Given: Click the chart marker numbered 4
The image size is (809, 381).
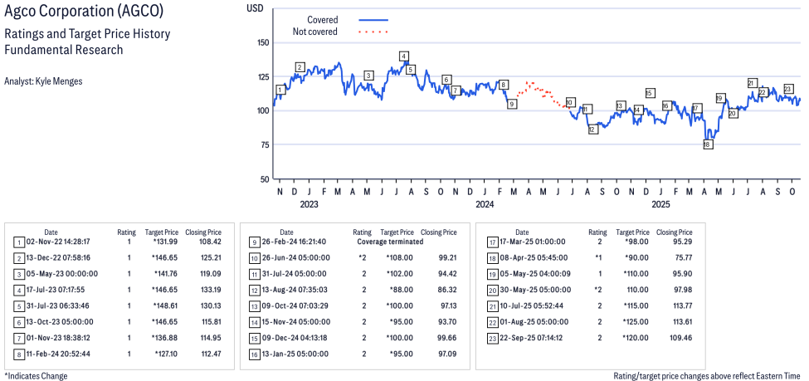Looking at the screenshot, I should (x=403, y=56).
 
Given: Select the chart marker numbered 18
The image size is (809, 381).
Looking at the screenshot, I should (x=707, y=144).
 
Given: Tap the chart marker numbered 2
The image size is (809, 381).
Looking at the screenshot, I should (x=300, y=67).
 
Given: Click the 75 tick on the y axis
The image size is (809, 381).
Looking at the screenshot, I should (x=265, y=144).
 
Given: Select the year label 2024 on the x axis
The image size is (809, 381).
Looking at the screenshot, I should (x=485, y=204).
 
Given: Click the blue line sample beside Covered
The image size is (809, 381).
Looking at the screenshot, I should (x=373, y=19).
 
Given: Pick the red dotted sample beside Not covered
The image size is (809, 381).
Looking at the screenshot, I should (x=373, y=32).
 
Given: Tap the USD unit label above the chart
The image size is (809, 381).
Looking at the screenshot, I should (x=256, y=7).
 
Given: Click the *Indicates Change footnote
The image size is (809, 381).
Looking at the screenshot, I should (x=36, y=376).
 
